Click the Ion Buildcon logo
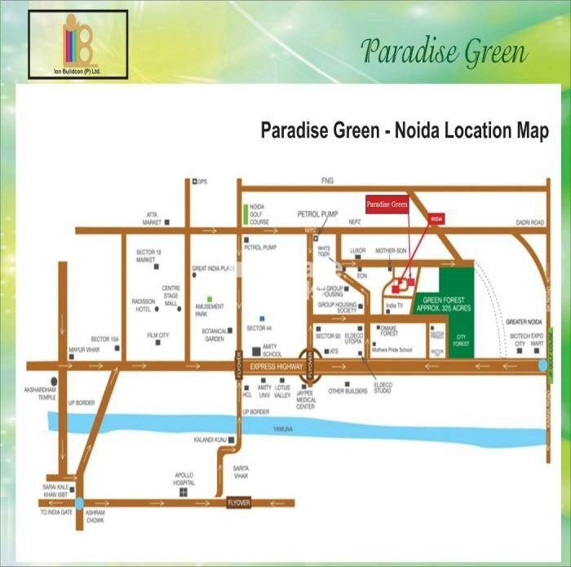77,44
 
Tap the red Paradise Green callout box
386,204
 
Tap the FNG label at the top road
329,180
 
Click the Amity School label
273,350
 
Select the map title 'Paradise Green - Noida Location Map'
404,130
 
